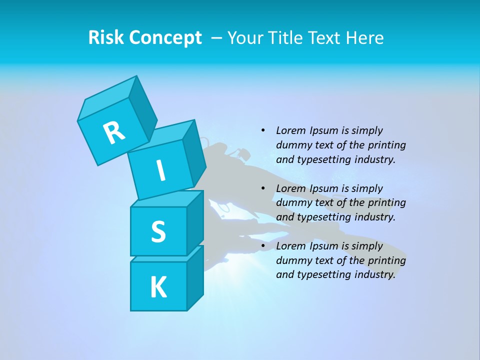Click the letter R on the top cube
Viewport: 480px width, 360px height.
point(114,132)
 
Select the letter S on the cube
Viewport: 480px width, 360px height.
point(158,232)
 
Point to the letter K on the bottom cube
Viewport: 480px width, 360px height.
point(158,287)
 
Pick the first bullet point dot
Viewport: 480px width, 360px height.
point(263,130)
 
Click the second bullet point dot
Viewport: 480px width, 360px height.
point(263,188)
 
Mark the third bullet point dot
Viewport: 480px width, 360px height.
point(263,246)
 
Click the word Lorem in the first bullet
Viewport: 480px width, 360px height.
point(290,130)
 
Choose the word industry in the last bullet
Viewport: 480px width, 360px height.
point(373,274)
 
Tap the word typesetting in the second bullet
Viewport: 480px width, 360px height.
point(321,217)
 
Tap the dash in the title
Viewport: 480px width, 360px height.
point(217,37)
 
